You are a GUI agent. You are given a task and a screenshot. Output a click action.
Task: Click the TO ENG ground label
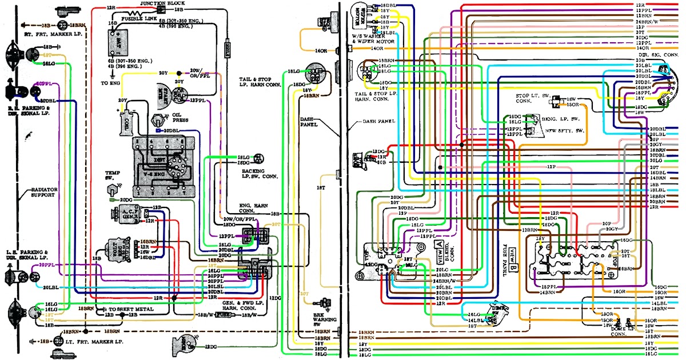pos(111,83)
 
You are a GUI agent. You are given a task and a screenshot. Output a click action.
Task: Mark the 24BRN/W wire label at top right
pos(647,21)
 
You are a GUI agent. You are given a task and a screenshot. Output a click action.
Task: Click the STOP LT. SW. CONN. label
pos(531,99)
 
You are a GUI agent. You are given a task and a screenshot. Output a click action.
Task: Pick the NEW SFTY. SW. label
pos(570,131)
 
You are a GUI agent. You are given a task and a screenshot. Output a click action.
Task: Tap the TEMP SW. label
pos(112,174)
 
